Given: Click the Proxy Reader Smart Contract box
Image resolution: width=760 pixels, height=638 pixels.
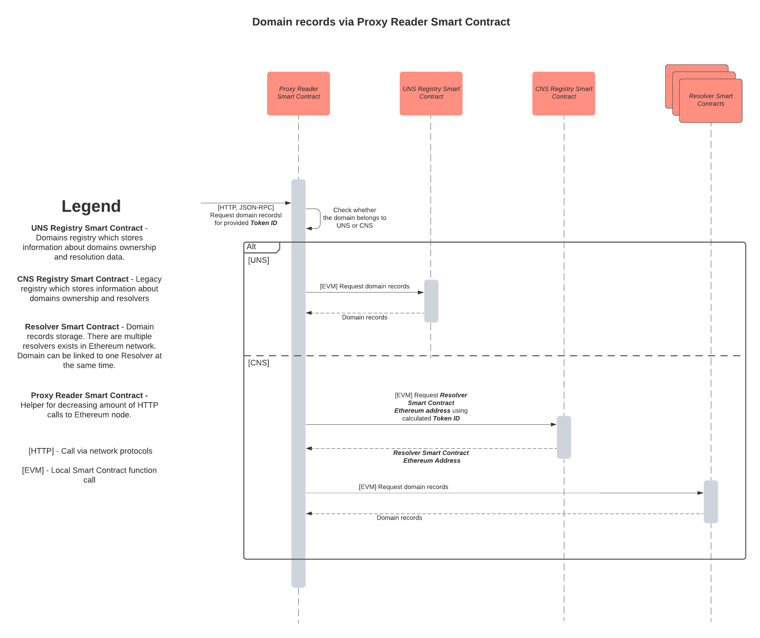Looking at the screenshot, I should [x=298, y=93].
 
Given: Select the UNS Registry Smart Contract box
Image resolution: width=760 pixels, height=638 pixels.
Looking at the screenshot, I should [x=431, y=93].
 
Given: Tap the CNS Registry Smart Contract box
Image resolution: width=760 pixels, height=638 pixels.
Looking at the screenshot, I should [x=564, y=93].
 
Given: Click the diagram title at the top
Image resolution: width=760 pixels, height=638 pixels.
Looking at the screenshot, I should [x=381, y=22].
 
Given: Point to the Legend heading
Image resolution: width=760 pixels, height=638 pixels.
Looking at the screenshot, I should [x=91, y=206].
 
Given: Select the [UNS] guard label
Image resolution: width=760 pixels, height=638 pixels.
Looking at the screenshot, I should [x=258, y=260].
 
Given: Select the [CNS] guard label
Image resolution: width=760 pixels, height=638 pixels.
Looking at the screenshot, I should [x=258, y=363].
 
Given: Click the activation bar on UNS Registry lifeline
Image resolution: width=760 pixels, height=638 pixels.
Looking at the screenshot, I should [x=431, y=301].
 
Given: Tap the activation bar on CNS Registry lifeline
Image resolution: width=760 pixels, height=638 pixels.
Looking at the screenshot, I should [x=564, y=437].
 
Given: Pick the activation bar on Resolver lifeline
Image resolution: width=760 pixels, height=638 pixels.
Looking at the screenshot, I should [x=711, y=501].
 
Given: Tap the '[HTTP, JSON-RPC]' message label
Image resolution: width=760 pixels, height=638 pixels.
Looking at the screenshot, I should [x=246, y=208].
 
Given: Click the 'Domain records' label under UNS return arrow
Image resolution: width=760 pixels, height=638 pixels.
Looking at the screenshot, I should [x=365, y=317].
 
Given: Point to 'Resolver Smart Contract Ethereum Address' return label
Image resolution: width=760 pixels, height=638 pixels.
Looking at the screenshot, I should [x=431, y=457].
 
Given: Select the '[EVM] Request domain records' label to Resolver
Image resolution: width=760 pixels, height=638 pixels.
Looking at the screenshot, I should [x=403, y=487].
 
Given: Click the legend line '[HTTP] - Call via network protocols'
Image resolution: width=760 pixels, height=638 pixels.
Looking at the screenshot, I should [x=90, y=451].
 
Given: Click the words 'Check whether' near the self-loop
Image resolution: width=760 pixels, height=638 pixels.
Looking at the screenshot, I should [x=354, y=210].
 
